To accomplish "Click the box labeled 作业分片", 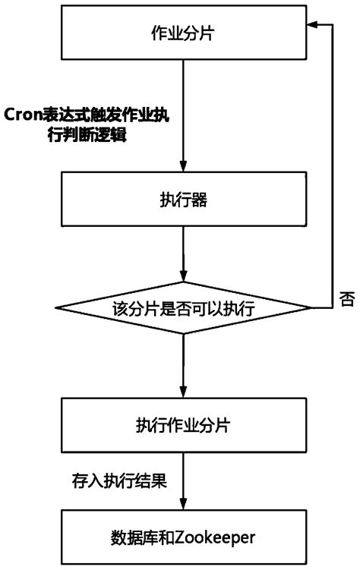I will tap(183, 34).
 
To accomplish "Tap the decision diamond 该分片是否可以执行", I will tap(183, 309).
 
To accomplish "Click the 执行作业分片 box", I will tap(183, 424).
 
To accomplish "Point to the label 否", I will tap(347, 298).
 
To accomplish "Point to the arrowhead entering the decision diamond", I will tap(183, 277).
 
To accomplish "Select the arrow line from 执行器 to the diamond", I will tap(183, 250).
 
